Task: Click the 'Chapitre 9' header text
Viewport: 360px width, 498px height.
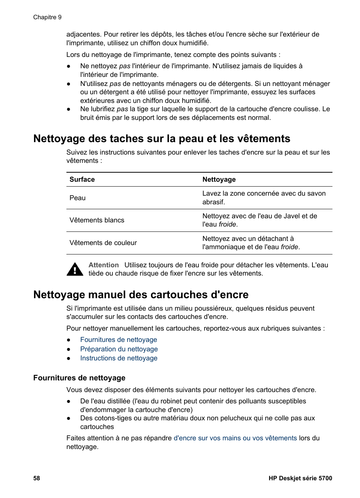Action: point(47,17)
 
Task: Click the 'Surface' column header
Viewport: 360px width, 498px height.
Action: point(82,179)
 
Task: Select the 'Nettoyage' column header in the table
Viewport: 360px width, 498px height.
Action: point(219,179)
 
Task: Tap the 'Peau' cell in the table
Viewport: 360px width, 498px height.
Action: point(77,198)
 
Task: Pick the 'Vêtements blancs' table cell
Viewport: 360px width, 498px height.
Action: point(97,220)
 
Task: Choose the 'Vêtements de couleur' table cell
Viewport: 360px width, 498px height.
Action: point(103,243)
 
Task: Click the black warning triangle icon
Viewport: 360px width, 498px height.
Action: point(75,270)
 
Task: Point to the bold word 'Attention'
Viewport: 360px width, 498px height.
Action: point(103,265)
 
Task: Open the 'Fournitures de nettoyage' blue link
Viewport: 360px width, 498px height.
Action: point(118,340)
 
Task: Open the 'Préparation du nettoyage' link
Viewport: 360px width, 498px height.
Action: point(119,349)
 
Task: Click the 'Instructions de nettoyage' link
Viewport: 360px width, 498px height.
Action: point(119,358)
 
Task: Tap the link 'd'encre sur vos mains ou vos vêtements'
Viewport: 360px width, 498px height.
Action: point(235,438)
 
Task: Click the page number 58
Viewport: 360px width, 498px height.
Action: point(37,478)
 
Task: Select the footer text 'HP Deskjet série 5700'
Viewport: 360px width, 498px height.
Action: point(300,478)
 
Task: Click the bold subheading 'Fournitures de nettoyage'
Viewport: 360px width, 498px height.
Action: point(79,378)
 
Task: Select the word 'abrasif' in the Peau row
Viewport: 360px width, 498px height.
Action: point(213,202)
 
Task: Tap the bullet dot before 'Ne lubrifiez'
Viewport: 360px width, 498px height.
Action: point(69,109)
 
